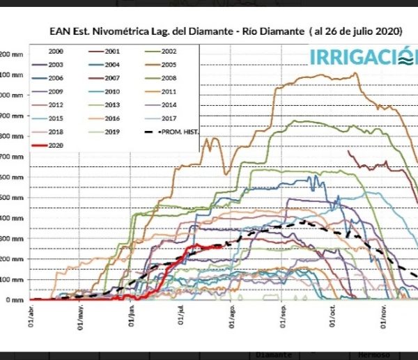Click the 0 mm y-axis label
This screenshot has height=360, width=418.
pos(15,300)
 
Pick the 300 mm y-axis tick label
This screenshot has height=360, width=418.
pos(12,239)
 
